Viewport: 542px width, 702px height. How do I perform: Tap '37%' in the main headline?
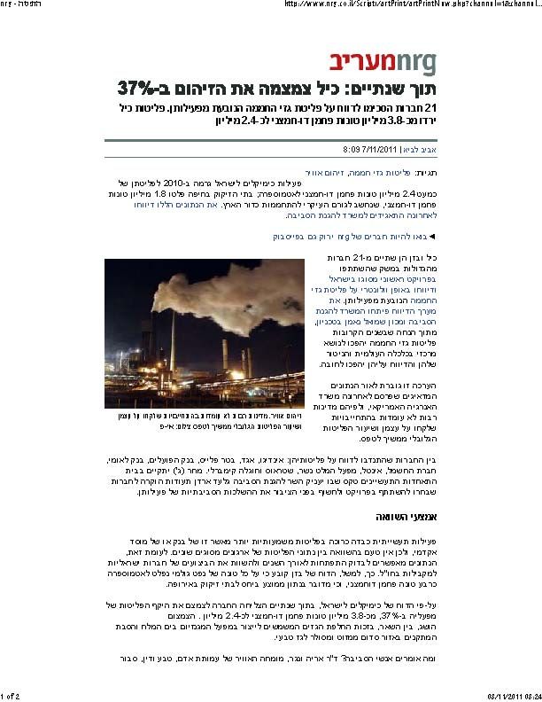[136, 89]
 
